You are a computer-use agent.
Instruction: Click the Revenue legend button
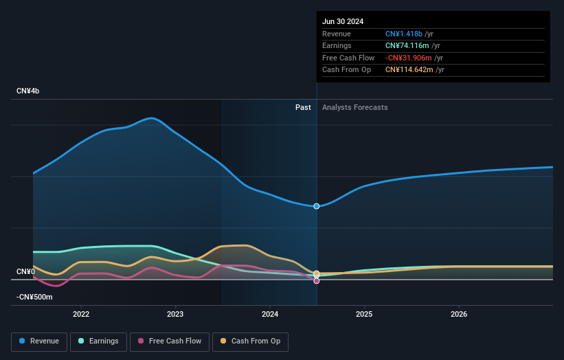[x=39, y=341]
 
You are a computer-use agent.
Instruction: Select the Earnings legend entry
[x=98, y=341]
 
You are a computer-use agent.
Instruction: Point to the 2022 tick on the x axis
[x=81, y=314]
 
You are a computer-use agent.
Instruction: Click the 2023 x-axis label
[x=175, y=314]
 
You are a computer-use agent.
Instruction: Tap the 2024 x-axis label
[x=270, y=314]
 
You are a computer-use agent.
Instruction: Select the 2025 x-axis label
[x=364, y=314]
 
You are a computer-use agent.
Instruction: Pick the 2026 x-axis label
[x=459, y=314]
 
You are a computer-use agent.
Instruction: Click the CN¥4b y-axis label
[x=28, y=91]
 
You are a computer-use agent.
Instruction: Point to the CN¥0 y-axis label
[x=25, y=272]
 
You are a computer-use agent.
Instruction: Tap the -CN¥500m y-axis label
[x=34, y=297]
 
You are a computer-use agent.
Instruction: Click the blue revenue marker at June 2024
[x=317, y=206]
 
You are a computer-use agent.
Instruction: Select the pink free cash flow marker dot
[x=317, y=281]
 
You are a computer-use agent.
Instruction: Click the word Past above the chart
[x=303, y=108]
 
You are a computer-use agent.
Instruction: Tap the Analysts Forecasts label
[x=354, y=108]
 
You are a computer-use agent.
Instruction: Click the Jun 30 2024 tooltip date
[x=343, y=21]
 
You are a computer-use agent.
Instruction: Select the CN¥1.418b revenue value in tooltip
[x=405, y=34]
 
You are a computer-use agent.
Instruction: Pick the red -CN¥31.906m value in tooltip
[x=409, y=58]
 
